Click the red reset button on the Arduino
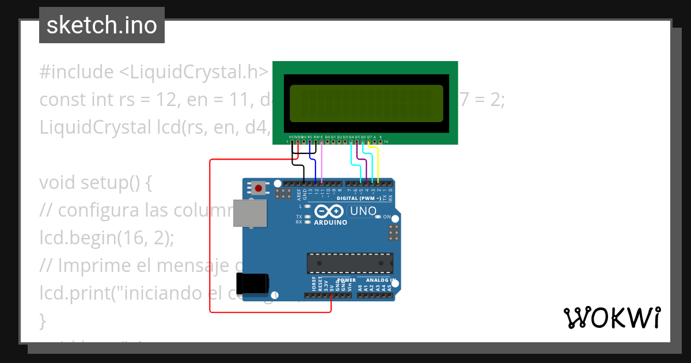coord(259,187)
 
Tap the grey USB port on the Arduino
coord(249,213)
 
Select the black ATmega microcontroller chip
coord(350,262)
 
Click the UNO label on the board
coord(363,211)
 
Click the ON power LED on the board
coord(378,217)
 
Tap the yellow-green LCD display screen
coord(367,104)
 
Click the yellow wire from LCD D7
coord(377,164)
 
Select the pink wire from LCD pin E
coord(322,164)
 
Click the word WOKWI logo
coord(612,317)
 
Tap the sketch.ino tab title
coord(102,25)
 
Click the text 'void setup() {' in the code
coord(95,183)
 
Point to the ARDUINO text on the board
coord(331,222)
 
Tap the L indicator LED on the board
coord(308,206)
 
